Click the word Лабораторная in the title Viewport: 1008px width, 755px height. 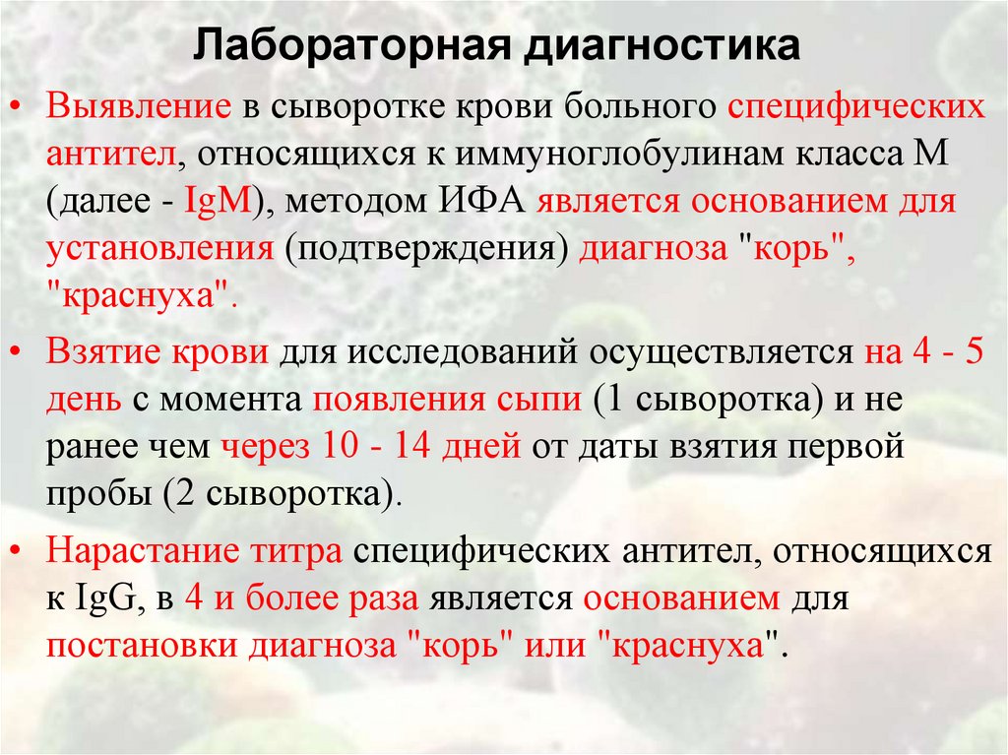(x=346, y=47)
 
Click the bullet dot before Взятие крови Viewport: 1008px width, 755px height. (x=22, y=350)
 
